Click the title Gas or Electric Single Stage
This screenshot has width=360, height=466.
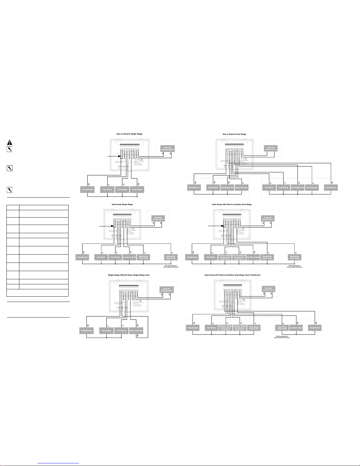pos(129,134)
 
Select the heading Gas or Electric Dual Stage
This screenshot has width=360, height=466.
pos(234,134)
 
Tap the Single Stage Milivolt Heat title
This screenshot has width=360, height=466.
pos(129,275)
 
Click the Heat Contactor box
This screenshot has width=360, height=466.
pos(136,330)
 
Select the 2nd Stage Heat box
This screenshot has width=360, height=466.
pos(227,188)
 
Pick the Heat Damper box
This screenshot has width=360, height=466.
pos(242,188)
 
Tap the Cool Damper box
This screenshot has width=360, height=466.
pos(312,188)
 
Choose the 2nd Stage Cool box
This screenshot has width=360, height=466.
pos(297,188)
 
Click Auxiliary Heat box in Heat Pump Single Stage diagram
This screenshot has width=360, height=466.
pos(129,257)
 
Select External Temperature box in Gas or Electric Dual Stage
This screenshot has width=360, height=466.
pos(271,148)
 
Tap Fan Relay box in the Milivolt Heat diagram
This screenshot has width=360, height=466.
pos(106,330)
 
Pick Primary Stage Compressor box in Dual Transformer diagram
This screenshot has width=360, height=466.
pos(226,328)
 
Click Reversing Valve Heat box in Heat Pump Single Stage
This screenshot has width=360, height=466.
pos(171,257)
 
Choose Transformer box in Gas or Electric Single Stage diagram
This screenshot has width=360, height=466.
pos(87,189)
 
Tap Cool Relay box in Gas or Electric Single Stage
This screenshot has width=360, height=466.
pos(122,189)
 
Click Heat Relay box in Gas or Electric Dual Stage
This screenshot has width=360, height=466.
pos(213,188)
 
